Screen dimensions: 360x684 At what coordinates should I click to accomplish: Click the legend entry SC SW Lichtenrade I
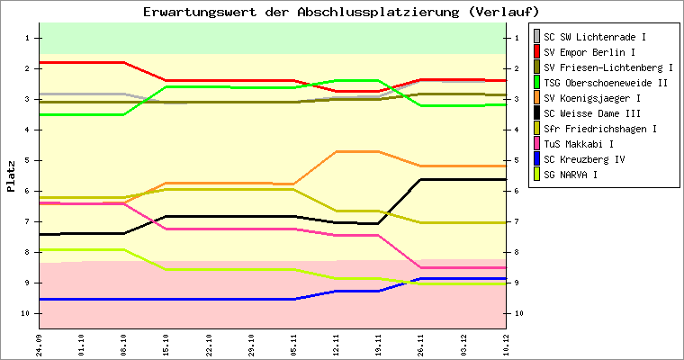tap(595, 37)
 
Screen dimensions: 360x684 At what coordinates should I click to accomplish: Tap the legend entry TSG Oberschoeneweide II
tap(606, 83)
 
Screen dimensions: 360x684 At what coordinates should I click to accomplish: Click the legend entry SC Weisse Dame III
tap(592, 113)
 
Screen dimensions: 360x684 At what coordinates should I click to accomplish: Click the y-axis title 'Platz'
tap(12, 176)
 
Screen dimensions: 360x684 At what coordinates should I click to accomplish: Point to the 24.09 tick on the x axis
tap(40, 345)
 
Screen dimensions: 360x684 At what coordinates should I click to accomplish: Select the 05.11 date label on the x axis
tap(293, 345)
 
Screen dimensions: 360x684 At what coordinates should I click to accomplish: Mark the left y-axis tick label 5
tap(28, 160)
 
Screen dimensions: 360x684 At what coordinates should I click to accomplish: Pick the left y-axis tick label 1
tap(28, 38)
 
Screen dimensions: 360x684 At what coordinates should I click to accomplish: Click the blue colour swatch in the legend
tap(538, 159)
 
